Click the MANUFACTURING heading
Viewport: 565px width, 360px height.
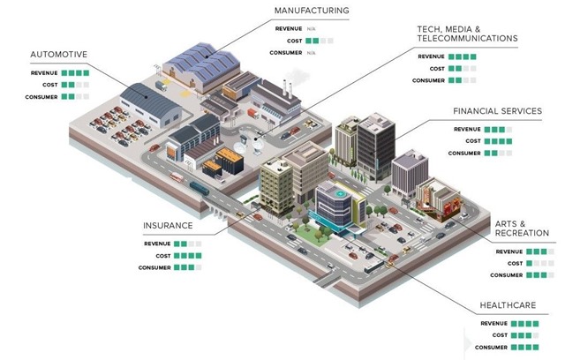click(312, 11)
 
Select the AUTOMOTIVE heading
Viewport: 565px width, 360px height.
click(59, 55)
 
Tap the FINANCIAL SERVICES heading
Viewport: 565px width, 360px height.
click(497, 111)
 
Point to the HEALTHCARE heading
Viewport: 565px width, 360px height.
click(508, 305)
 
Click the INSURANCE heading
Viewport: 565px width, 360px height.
click(168, 226)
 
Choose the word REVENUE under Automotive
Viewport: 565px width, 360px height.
click(44, 73)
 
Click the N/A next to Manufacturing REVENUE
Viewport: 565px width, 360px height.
click(312, 29)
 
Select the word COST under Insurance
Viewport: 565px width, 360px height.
click(163, 256)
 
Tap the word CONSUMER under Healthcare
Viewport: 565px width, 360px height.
click(491, 348)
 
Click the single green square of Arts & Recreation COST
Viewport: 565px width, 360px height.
click(529, 264)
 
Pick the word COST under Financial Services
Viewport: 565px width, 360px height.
click(473, 141)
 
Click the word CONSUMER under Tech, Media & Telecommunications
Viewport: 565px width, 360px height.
click(428, 80)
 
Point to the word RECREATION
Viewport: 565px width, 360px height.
click(522, 233)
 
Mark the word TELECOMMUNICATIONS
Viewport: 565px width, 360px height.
click(467, 38)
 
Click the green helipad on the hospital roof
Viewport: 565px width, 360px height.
click(339, 194)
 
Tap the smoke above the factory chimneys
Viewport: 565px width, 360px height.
click(298, 76)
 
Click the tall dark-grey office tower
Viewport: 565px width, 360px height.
click(376, 146)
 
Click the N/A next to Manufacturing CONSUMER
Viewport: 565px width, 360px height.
click(312, 53)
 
